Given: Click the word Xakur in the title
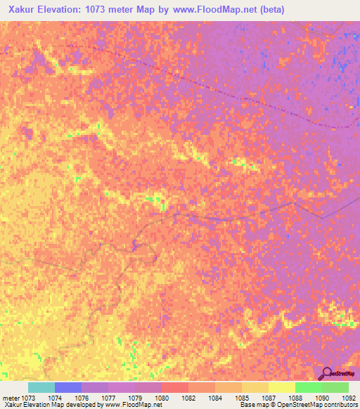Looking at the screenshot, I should pos(20,9).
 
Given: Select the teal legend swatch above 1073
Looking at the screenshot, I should pos(41,387).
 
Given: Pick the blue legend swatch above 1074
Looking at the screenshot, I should pos(68,387).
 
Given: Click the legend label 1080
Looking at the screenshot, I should pos(161,397).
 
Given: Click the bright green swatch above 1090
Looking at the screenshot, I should pos(309,387).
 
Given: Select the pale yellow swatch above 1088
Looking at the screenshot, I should pos(282,387).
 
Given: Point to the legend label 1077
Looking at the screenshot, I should pos(108,397).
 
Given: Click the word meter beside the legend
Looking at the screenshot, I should pos(11,397).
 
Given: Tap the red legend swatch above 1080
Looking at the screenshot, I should pos(175,387).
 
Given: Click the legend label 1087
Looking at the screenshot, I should pos(268,397).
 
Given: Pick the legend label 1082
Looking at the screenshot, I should pos(188,397).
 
